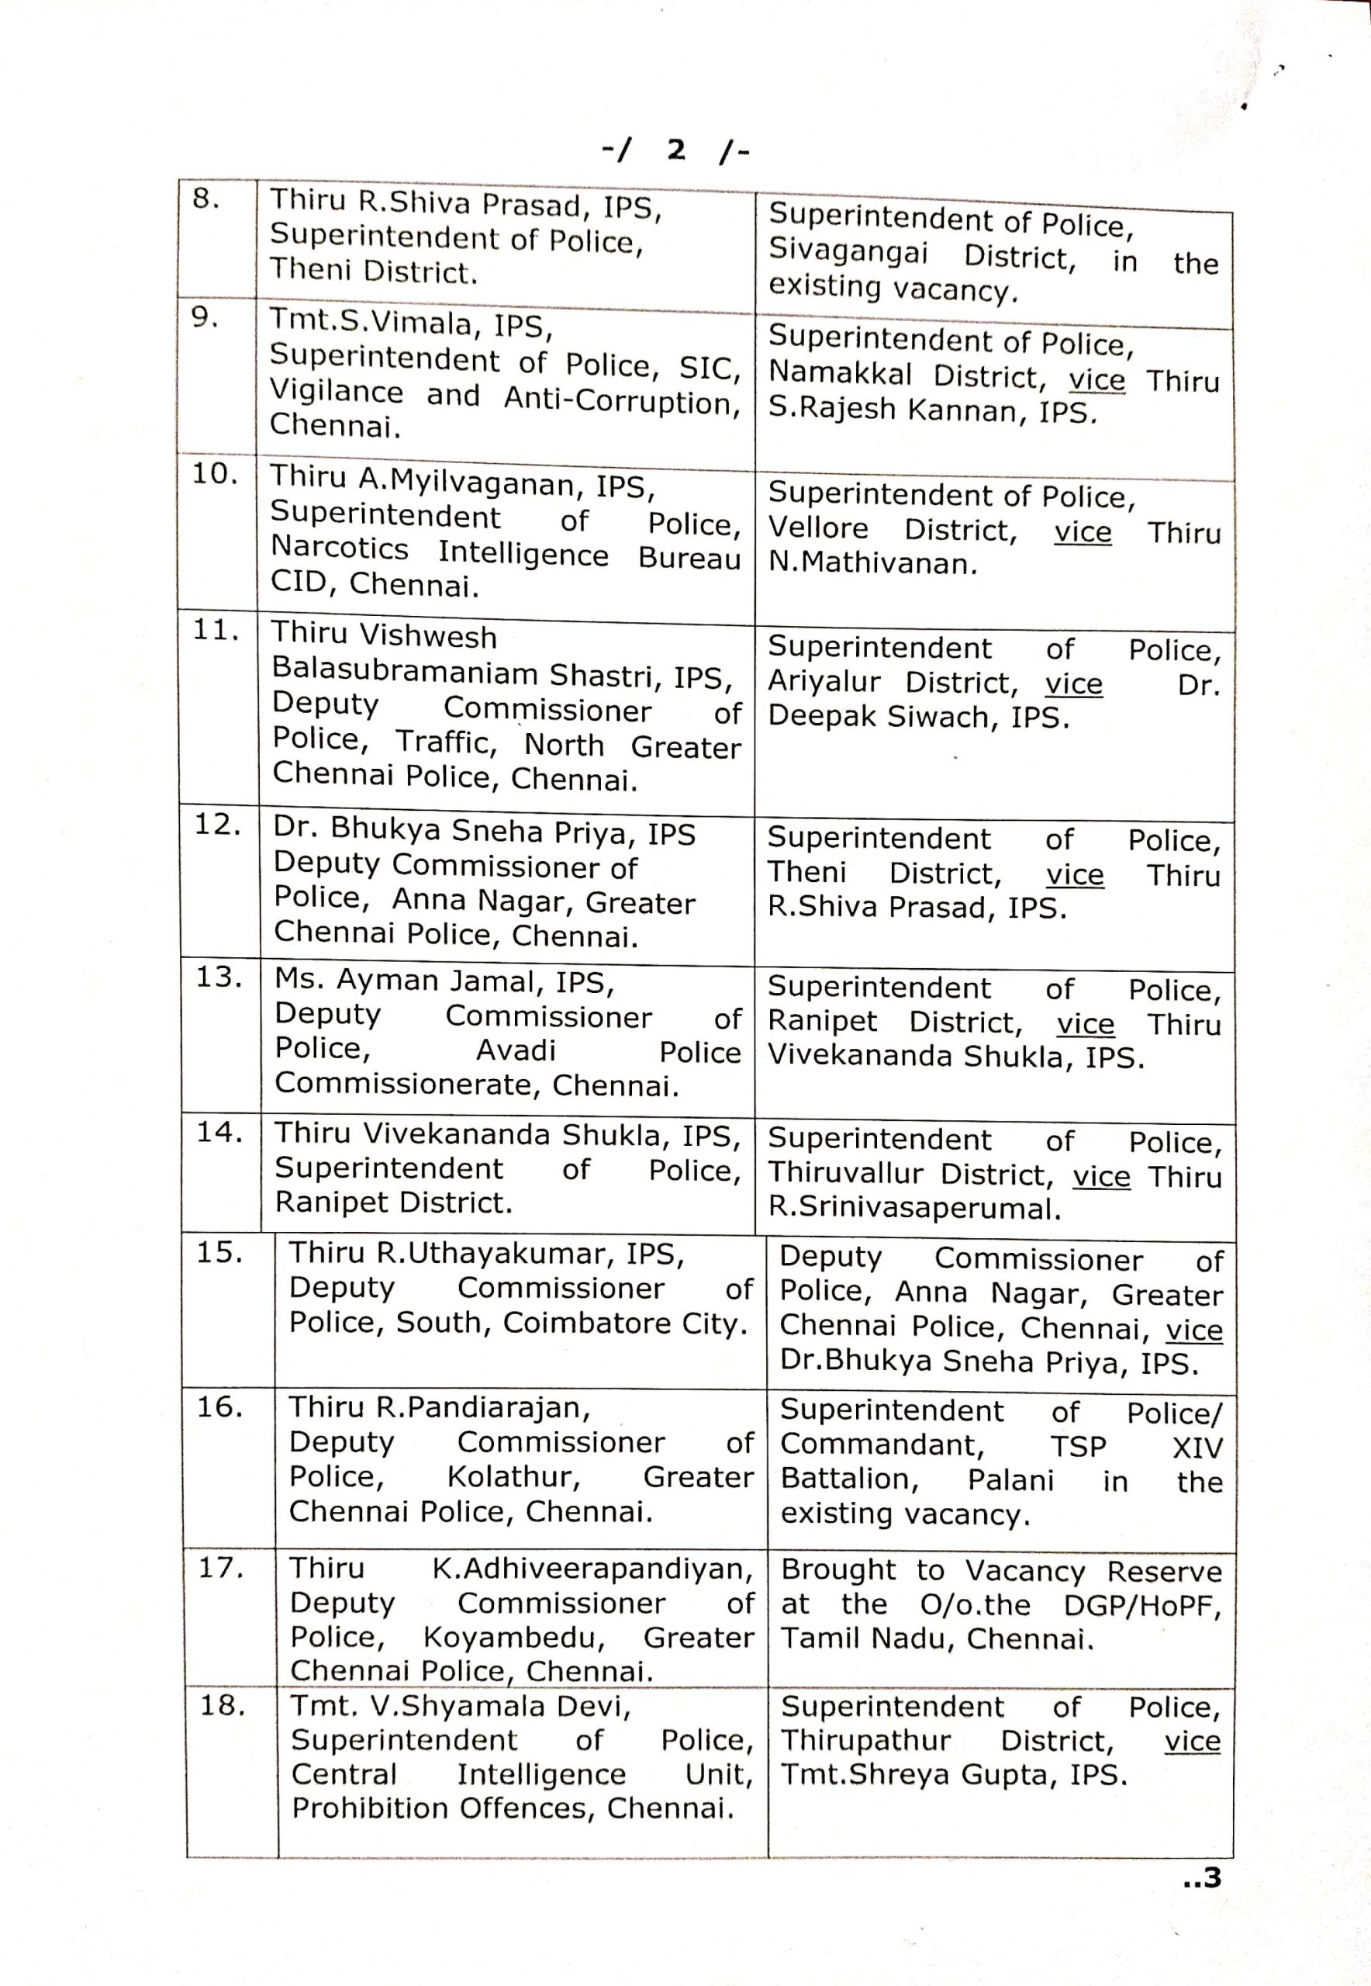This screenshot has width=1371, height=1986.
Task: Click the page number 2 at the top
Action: point(676,151)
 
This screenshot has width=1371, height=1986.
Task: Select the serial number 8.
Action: point(205,199)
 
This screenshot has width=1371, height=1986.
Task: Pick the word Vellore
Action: point(818,528)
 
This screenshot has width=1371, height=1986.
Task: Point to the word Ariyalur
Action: point(824,681)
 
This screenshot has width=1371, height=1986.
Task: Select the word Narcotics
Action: point(340,548)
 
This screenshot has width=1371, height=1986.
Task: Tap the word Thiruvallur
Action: point(845,1173)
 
